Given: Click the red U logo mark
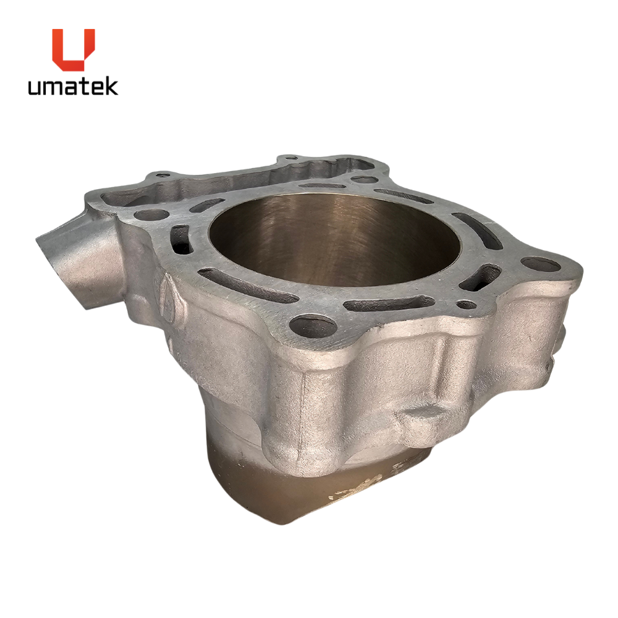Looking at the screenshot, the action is [74, 49].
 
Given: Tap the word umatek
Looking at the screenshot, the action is [73, 87].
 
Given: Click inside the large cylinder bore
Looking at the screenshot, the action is [334, 240].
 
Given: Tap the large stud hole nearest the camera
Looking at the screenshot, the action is [313, 327].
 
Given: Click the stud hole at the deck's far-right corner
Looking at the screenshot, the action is [540, 264].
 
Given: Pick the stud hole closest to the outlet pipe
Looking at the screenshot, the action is [152, 215].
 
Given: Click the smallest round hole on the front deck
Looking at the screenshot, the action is [466, 304].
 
